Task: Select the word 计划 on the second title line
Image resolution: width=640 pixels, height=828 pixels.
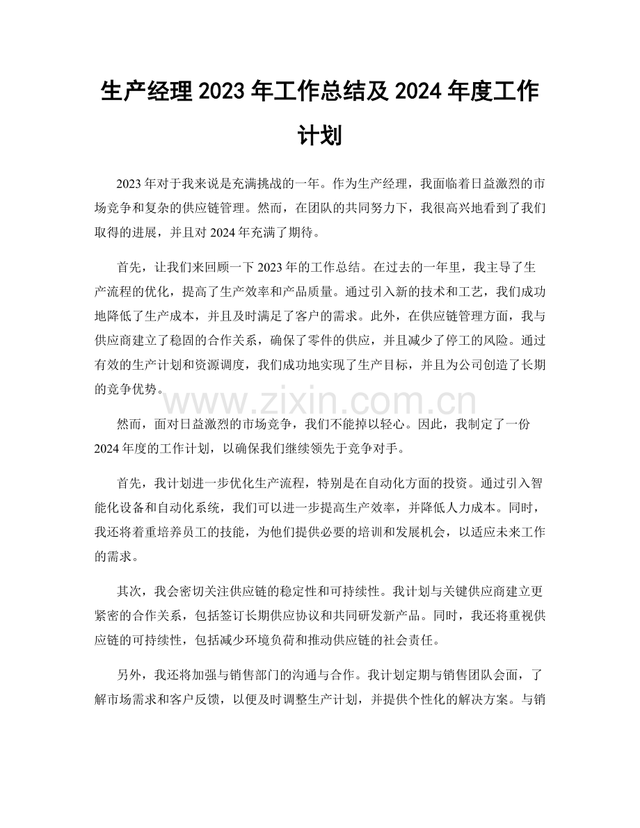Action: click(319, 135)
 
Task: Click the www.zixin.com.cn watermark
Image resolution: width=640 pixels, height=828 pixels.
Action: click(320, 402)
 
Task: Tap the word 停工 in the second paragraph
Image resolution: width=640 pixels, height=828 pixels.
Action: click(459, 341)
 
